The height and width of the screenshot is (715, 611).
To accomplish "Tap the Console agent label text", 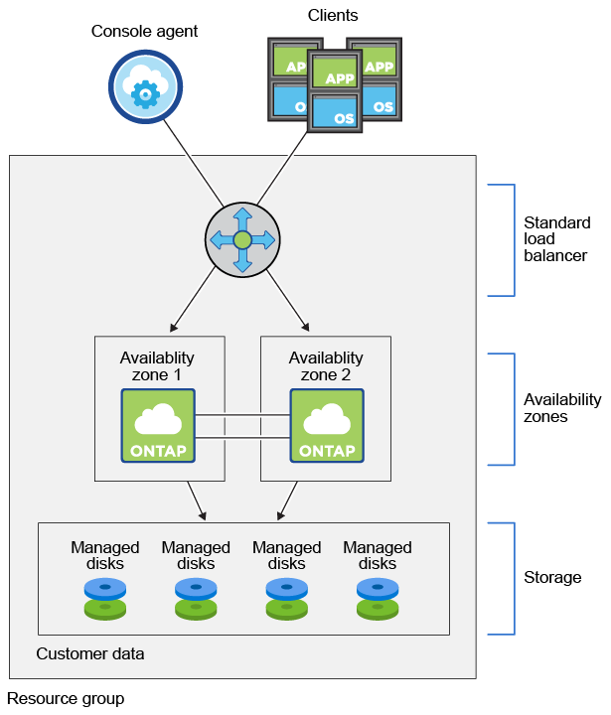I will [x=145, y=31].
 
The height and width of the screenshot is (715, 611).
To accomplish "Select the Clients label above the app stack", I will [x=333, y=15].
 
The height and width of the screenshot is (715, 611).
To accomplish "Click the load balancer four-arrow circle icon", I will [x=242, y=239].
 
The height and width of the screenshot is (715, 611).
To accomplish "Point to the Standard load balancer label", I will [x=556, y=239].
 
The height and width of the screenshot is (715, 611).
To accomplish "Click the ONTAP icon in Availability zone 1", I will [x=158, y=425].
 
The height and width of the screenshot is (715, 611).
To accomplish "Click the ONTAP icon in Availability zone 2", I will [x=327, y=425].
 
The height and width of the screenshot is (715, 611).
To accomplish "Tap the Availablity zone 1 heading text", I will [x=158, y=365].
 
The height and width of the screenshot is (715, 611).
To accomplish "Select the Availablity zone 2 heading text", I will [x=326, y=365].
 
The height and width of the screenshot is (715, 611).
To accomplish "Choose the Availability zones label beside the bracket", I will [x=562, y=408].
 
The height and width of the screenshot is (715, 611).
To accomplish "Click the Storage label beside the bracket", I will [x=552, y=577].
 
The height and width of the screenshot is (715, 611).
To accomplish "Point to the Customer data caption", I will [x=90, y=653].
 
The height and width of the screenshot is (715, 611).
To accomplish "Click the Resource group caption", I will [x=66, y=699].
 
